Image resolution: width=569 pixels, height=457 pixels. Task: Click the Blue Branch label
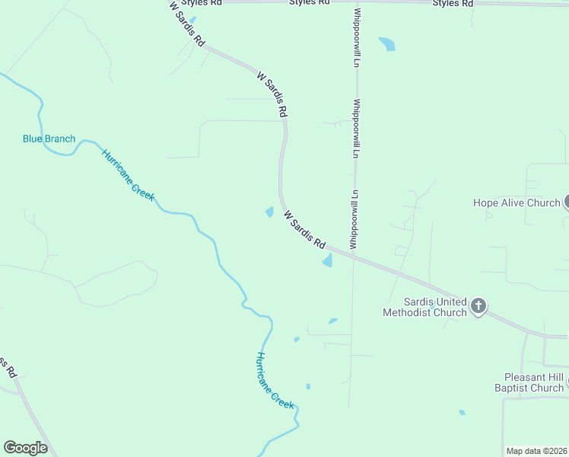coord(49,139)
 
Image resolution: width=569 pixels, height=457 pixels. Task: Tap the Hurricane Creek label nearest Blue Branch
coord(129,174)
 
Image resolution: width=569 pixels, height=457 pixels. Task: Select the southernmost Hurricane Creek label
coord(275,381)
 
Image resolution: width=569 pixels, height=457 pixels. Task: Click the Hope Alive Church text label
coord(517,203)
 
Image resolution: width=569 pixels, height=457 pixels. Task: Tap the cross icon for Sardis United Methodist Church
coord(478,306)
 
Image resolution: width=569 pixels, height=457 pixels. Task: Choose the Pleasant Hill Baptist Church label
coord(535,382)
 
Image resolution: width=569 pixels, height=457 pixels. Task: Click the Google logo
coord(25,448)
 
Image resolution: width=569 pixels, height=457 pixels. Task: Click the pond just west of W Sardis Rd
coord(270,212)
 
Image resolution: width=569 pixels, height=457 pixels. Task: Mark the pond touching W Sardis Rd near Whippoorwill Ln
coord(328,260)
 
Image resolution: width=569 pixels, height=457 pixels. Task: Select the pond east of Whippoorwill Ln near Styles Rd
coord(388,43)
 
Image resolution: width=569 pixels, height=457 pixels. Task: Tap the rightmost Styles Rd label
coord(453,3)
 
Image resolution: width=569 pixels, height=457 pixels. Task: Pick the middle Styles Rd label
coord(310,2)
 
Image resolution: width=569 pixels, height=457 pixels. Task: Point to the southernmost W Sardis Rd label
coord(305,230)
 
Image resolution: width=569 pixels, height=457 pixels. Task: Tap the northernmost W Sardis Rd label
coord(188,25)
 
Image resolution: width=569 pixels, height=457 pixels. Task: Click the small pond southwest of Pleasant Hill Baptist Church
coord(462,413)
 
